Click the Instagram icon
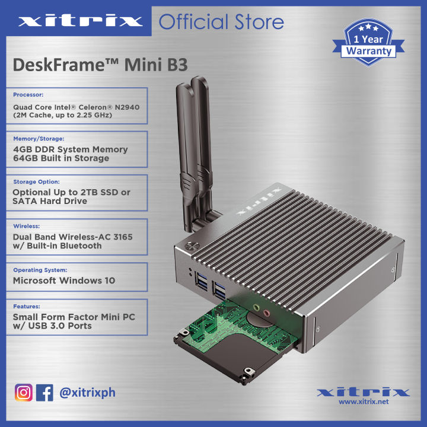[24, 393]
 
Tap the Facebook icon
[45, 393]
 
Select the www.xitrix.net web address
[364, 402]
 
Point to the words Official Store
[221, 23]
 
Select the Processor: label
[28, 94]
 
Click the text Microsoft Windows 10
[64, 280]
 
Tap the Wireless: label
[27, 226]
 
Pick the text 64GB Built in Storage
[61, 158]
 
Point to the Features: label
[26, 307]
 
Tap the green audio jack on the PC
[256, 308]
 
